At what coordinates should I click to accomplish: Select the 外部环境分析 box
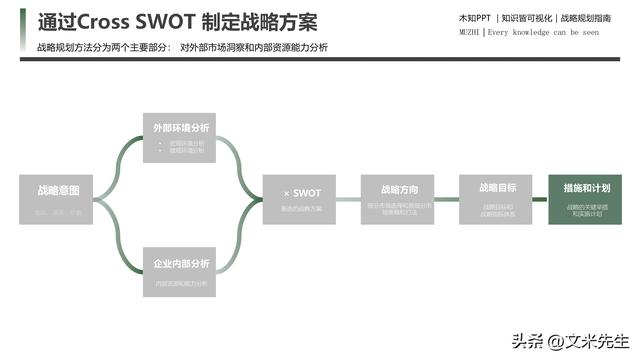[x=182, y=138]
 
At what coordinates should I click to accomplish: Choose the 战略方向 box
[x=399, y=199]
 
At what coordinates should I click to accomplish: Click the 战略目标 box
[x=497, y=199]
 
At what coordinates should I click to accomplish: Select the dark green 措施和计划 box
[x=587, y=199]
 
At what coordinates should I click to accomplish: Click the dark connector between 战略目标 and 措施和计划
[x=540, y=199]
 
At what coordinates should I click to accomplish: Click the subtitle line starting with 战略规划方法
[x=181, y=47]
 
